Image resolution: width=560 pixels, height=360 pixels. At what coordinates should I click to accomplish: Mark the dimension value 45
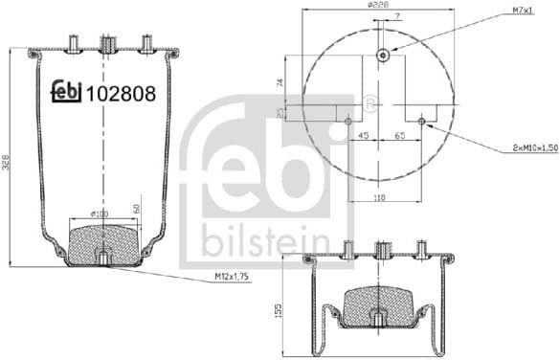pos(363,137)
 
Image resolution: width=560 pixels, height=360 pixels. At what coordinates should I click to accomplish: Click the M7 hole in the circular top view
pos(382,55)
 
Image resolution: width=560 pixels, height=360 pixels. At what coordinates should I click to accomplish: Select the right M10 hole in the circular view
pos(422,121)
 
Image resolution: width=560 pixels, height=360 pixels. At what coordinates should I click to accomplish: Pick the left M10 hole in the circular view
pos(348,121)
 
